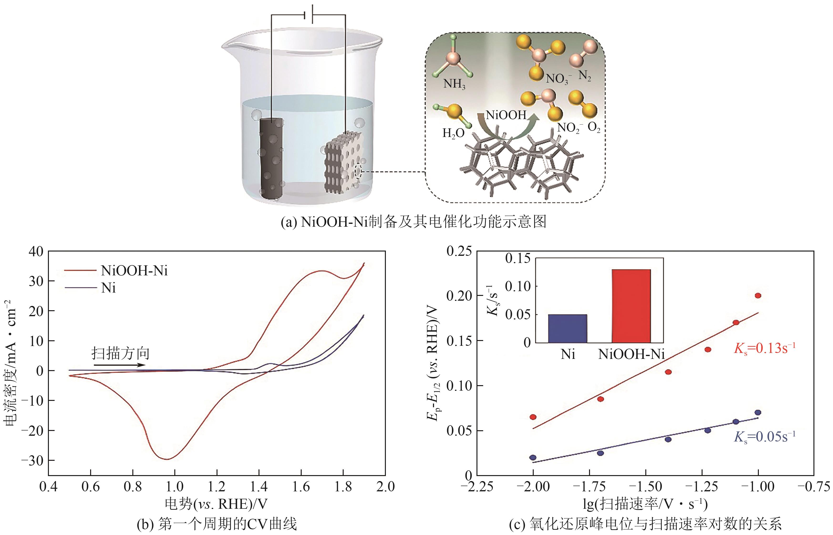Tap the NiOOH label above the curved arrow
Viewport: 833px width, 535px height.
coord(506,115)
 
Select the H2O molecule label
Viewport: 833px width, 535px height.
coord(453,133)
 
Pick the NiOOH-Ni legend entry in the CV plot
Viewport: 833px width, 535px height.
coord(134,271)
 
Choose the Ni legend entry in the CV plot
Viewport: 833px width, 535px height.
coord(108,288)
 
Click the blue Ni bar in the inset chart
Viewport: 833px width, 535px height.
coord(568,328)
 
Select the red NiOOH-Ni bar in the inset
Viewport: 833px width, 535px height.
coord(631,306)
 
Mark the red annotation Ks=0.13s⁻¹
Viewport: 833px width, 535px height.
coord(764,348)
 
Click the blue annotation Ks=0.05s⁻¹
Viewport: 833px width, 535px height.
coord(764,437)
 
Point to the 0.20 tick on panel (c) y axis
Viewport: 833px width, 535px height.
coord(459,296)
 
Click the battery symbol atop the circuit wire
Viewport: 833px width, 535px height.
coord(309,15)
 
